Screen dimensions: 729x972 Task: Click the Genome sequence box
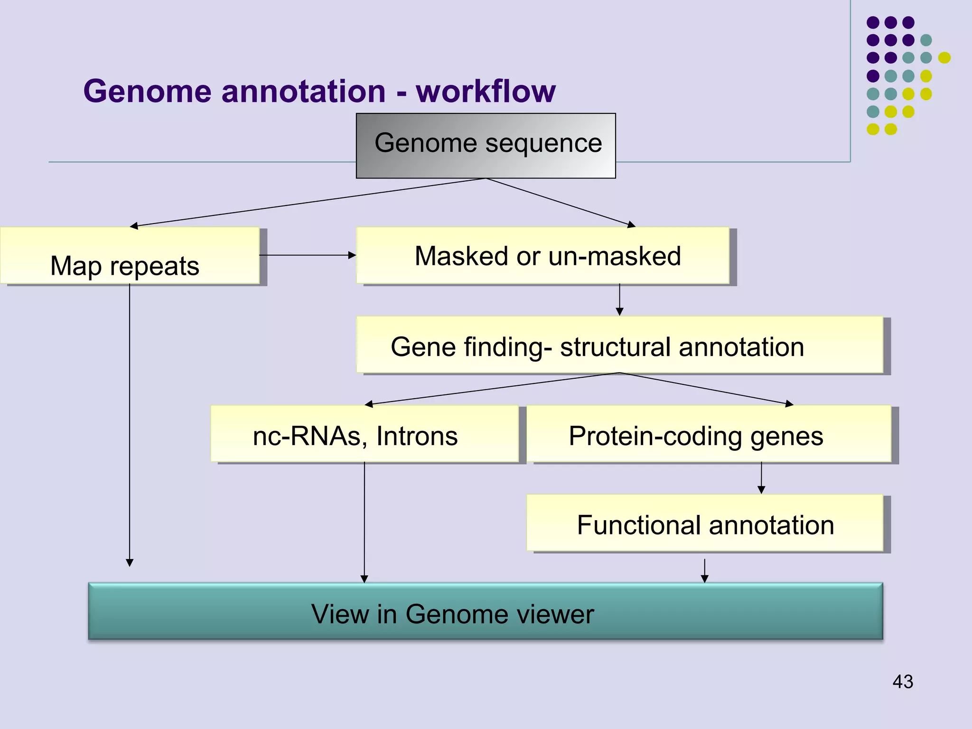point(486,145)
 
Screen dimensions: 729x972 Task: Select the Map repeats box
point(129,256)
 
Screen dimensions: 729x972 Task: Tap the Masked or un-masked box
point(542,256)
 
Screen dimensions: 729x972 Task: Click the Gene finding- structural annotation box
point(619,345)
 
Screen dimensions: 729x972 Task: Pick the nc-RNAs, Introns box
point(364,434)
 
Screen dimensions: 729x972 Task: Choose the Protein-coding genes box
point(709,434)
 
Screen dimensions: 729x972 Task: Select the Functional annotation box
point(705,523)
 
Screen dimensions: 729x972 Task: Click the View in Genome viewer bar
point(485,611)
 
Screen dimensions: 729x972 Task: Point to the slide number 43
point(902,682)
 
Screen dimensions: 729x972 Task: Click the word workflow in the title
point(486,91)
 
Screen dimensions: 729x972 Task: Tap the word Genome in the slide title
point(147,91)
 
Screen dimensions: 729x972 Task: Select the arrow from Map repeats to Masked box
point(308,255)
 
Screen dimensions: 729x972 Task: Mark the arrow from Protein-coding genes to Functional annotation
point(761,478)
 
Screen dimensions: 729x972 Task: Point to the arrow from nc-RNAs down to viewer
point(364,522)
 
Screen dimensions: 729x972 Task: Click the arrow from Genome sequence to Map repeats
point(308,203)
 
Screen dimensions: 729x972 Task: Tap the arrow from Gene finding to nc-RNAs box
point(491,389)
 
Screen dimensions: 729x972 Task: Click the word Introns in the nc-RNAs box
point(417,436)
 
